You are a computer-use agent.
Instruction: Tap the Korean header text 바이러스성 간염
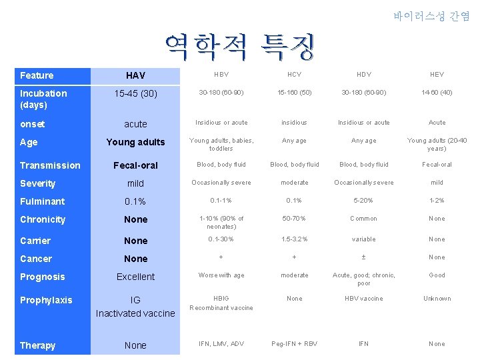tap(431, 16)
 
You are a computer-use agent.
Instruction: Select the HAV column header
tap(135, 76)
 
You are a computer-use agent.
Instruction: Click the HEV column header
tap(437, 75)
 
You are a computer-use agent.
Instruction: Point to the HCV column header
tap(294, 75)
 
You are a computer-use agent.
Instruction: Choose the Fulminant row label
tap(43, 201)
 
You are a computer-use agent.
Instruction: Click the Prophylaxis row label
tap(46, 300)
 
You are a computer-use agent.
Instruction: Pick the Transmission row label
tap(50, 165)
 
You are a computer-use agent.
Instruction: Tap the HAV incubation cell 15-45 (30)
tap(135, 94)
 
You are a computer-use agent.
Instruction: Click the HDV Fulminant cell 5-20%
tap(363, 201)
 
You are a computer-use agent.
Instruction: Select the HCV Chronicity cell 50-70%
tap(294, 219)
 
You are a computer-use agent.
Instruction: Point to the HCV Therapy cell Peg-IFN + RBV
tap(294, 344)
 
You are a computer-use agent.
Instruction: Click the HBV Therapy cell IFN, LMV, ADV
tap(221, 344)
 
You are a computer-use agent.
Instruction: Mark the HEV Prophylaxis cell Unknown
tap(437, 299)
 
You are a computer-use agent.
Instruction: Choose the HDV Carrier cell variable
tap(363, 239)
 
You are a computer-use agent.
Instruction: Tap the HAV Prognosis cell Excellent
tap(135, 277)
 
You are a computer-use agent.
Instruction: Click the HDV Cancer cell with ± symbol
tap(363, 257)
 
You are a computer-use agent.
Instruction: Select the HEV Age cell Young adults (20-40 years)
tap(437, 145)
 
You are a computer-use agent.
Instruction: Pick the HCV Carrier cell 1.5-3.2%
tap(294, 239)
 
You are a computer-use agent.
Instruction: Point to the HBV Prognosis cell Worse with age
tap(221, 275)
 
